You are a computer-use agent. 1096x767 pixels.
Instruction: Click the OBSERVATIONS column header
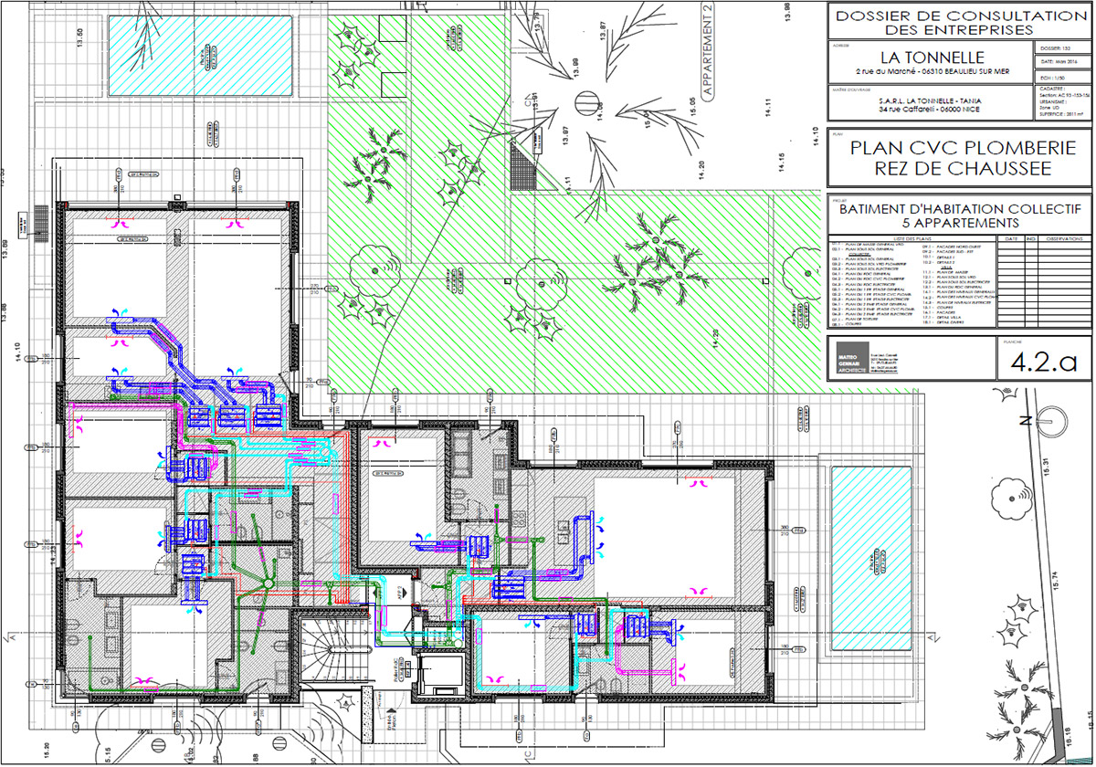click(1064, 238)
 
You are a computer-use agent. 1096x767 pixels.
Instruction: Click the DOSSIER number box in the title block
click(1060, 46)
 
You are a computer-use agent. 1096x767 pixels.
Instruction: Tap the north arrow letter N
click(1027, 421)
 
